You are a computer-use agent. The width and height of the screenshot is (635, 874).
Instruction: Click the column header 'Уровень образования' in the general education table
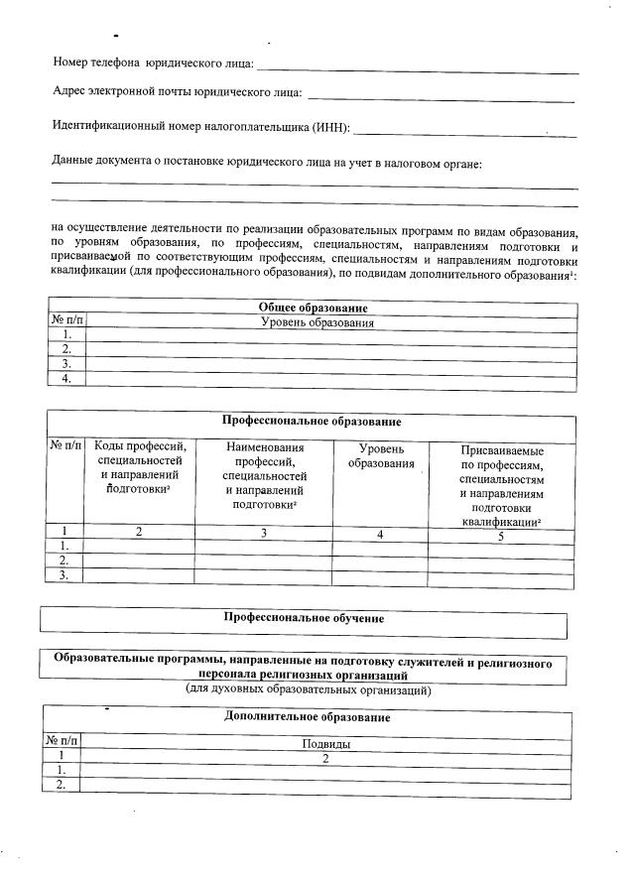pyautogui.click(x=317, y=323)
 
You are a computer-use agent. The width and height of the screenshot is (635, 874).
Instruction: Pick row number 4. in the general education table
pyautogui.click(x=66, y=378)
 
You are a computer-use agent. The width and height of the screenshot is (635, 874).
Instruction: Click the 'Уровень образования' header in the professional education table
pyautogui.click(x=380, y=456)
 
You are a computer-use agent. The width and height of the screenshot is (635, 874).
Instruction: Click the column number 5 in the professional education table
pyautogui.click(x=501, y=536)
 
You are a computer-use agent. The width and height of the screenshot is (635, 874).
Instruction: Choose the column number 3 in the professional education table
pyautogui.click(x=265, y=535)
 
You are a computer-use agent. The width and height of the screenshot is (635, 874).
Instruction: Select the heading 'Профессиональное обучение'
pyautogui.click(x=304, y=618)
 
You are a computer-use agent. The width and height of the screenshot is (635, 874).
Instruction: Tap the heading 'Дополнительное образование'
pyautogui.click(x=307, y=717)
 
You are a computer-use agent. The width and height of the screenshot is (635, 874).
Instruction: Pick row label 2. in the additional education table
pyautogui.click(x=61, y=785)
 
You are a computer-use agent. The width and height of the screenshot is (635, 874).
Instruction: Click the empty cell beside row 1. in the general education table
pyautogui.click(x=331, y=336)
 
